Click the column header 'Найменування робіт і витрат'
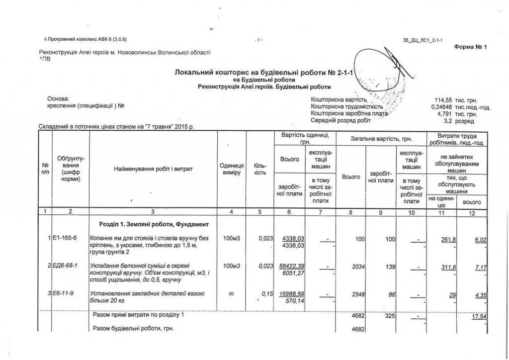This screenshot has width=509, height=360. (153, 169)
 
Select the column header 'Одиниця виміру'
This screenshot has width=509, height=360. (231, 169)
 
